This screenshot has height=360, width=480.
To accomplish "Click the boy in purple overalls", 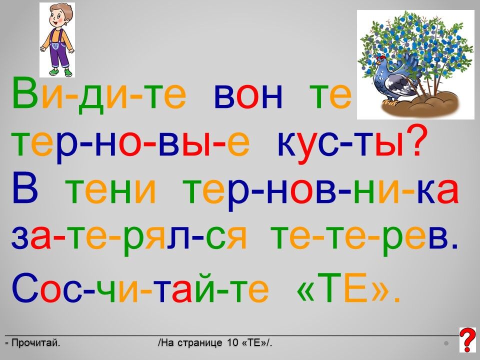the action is tap(57, 40).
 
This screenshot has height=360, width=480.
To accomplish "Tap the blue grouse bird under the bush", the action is tap(394, 78).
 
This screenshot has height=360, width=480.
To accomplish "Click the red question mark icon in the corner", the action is tap(468, 339).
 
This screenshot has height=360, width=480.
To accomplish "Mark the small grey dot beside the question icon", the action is tap(446, 343).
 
